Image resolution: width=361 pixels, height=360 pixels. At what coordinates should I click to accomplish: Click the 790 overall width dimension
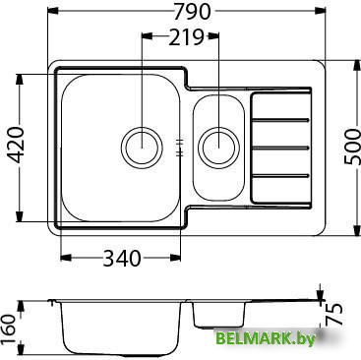(x=192, y=12)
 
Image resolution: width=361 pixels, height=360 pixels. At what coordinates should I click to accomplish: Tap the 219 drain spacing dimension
(x=186, y=37)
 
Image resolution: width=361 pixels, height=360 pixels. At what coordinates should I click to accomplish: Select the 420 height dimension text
(x=16, y=145)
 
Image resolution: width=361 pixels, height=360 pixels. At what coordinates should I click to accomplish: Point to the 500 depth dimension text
(x=352, y=147)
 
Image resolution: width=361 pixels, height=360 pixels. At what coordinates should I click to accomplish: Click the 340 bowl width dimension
(x=122, y=258)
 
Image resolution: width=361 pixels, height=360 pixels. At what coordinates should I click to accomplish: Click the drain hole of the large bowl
(x=142, y=147)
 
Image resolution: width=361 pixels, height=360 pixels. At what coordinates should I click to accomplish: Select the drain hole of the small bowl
(x=218, y=148)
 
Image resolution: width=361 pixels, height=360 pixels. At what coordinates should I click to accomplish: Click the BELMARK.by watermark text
(x=266, y=338)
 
